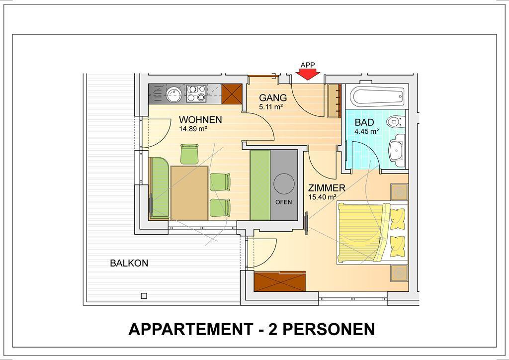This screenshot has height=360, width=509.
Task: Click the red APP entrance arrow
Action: pyautogui.click(x=307, y=75)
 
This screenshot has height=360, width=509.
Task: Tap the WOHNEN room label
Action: pyautogui.click(x=200, y=120)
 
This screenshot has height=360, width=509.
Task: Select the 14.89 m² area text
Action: pyautogui.click(x=193, y=129)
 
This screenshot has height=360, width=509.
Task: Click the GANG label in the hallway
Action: pyautogui.click(x=273, y=97)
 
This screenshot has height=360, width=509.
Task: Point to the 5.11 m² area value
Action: pyautogui.click(x=271, y=106)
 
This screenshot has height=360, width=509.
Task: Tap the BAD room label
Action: pyautogui.click(x=364, y=122)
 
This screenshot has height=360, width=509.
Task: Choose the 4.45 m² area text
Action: pyautogui.click(x=367, y=131)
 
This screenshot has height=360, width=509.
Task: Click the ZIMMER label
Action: pyautogui.click(x=327, y=187)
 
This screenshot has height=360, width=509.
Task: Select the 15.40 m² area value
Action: pyautogui.click(x=322, y=197)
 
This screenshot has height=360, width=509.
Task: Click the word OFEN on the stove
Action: pyautogui.click(x=283, y=202)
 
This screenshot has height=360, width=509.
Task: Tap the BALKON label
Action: pyautogui.click(x=129, y=263)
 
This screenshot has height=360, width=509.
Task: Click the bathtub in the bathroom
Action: pyautogui.click(x=377, y=96)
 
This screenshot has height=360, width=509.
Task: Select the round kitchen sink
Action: pyautogui.click(x=173, y=94)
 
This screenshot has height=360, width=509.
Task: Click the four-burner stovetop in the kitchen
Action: pyautogui.click(x=196, y=93)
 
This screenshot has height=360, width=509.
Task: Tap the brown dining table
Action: pyautogui.click(x=189, y=193)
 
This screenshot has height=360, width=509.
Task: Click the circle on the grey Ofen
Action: pyautogui.click(x=284, y=184)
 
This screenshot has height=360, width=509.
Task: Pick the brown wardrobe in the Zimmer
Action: pyautogui.click(x=279, y=281)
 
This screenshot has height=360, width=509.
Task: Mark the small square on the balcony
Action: pyautogui.click(x=144, y=296)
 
